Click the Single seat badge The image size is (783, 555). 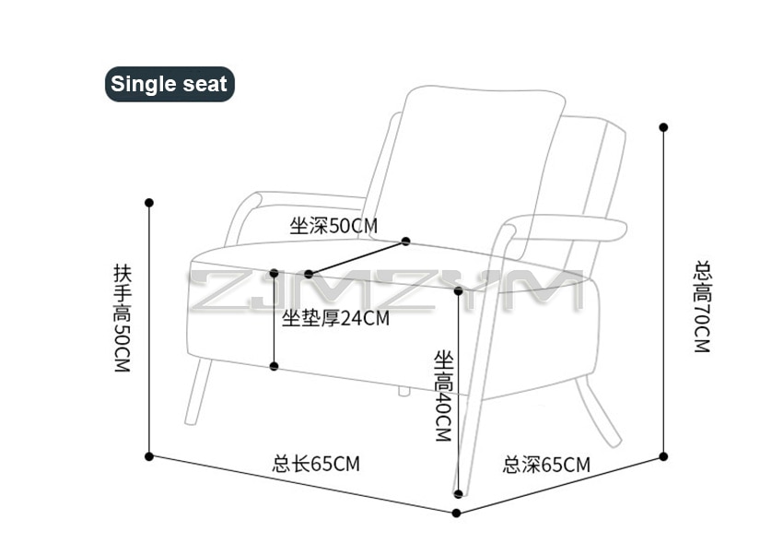[169, 84]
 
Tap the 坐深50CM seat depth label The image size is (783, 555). [333, 226]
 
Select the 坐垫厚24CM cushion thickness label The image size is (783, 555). [335, 318]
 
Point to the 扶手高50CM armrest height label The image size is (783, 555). [123, 318]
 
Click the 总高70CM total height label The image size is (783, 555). [703, 307]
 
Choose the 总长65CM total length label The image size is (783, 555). [316, 464]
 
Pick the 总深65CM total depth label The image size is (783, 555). [546, 465]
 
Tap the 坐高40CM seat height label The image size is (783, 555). [443, 396]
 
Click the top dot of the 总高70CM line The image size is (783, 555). [663, 127]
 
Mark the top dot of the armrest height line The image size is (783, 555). [149, 203]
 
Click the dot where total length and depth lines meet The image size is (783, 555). [456, 513]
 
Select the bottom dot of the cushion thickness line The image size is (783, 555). [274, 366]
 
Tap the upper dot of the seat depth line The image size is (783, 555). [405, 242]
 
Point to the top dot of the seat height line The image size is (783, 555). [459, 290]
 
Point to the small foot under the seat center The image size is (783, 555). [403, 390]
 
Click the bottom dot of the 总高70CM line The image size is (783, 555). [663, 456]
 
